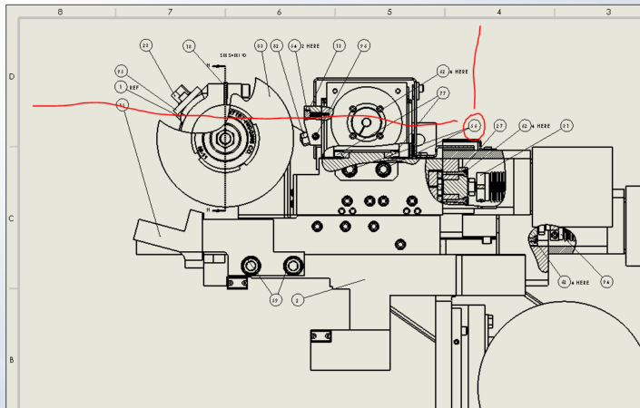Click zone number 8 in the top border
60,12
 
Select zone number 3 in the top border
607,12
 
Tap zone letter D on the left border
11,76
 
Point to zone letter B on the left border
11,359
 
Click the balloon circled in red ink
474,126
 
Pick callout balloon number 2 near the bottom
297,300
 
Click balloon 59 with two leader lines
275,300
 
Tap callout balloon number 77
443,92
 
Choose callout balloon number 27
500,126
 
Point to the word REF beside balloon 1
133,87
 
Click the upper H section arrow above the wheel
210,65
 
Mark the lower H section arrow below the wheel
210,209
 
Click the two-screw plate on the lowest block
320,337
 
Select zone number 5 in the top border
389,12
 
